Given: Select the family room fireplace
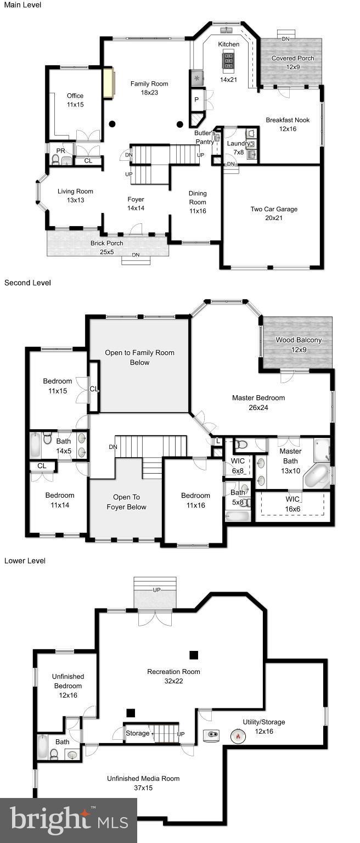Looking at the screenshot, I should [108, 84].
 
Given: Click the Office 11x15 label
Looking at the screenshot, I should [75, 100].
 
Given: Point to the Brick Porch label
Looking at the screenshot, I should [106, 248].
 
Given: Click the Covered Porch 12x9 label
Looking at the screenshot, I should [293, 63].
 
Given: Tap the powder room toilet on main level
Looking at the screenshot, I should [55, 160].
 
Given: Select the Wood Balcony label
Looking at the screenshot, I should [299, 344].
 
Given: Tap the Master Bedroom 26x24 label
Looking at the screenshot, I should [258, 402].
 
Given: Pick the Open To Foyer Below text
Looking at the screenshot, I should [126, 502].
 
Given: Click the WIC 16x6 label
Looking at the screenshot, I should [292, 503].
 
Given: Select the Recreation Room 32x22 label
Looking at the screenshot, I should [173, 676].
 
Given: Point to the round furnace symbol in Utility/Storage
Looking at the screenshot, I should [237, 735].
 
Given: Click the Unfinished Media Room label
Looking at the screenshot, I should [143, 783].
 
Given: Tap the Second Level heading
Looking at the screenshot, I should [27, 283].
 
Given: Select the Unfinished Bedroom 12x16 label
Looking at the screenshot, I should [67, 685].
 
